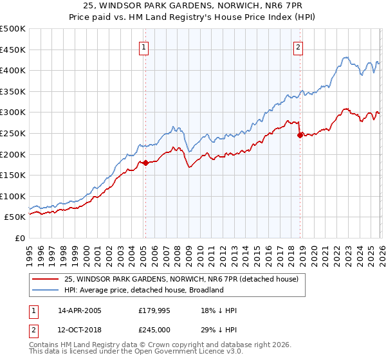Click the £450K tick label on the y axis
pyautogui.click(x=13, y=50)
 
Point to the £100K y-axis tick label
pyautogui.click(x=13, y=196)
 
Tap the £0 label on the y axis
pyautogui.click(x=20, y=238)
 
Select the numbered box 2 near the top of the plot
pyautogui.click(x=299, y=46)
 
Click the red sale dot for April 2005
pyautogui.click(x=145, y=163)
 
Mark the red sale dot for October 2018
pyautogui.click(x=300, y=135)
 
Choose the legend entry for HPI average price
pyautogui.click(x=143, y=290)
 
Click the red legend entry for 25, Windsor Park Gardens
pyautogui.click(x=181, y=280)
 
